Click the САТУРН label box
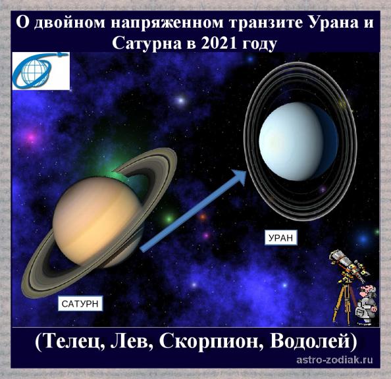pos(80,303)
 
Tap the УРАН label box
pos(280,238)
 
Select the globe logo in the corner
pos(41,71)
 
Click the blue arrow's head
pos(239,176)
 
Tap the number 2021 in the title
pos(218,43)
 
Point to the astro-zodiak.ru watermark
pos(335,359)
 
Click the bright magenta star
pos(32,138)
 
